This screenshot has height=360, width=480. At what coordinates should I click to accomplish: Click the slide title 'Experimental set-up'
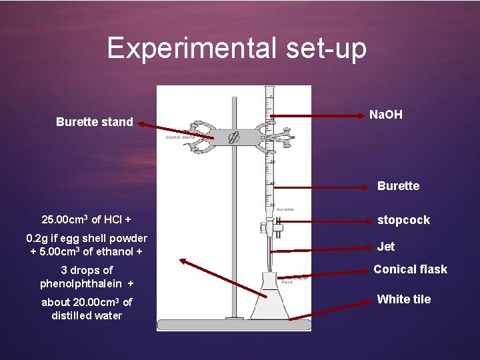tap(237, 49)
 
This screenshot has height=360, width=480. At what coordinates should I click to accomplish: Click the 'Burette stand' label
tap(95, 122)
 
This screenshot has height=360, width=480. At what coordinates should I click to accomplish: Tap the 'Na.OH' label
tap(386, 115)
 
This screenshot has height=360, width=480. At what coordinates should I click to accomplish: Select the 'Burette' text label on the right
tap(398, 186)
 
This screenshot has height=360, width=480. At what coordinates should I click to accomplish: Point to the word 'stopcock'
tap(404, 220)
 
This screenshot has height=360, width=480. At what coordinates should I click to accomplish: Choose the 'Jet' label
tap(386, 246)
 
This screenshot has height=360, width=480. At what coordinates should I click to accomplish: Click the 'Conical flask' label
tap(410, 269)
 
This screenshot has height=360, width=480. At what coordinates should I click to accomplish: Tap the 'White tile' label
tap(404, 299)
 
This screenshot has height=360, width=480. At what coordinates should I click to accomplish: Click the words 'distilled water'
tap(87, 315)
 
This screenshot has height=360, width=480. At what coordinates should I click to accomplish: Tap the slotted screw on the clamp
tap(234, 139)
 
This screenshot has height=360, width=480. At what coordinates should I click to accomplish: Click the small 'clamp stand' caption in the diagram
tap(179, 138)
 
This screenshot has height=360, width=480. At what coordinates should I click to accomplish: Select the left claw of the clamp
tap(198, 136)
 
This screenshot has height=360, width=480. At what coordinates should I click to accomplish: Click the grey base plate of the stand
tap(234, 325)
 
